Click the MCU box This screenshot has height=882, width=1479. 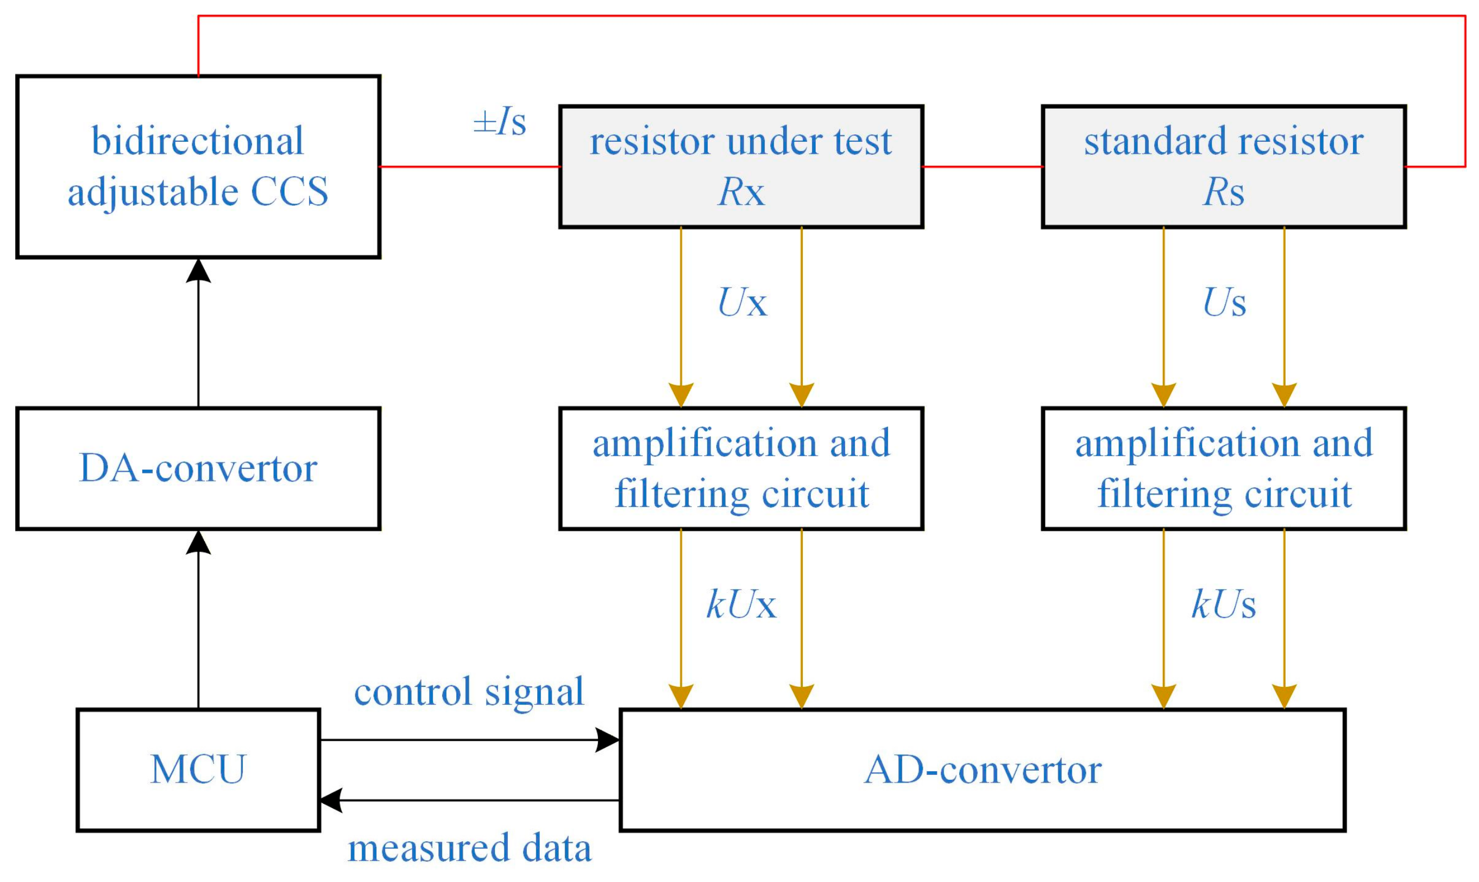coord(198,770)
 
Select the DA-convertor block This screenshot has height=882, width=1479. coord(198,468)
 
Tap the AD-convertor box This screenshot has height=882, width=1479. coord(983,770)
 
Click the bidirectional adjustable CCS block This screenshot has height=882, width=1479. coord(198,166)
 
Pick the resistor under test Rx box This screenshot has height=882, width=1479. coord(741,166)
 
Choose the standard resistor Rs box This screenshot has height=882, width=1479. coord(1224,166)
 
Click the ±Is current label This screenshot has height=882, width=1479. coord(500,122)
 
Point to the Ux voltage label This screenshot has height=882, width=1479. coord(742,302)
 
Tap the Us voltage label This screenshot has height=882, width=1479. coord(1224,302)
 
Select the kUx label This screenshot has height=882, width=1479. coord(741,604)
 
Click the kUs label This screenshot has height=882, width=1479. coord(1224,604)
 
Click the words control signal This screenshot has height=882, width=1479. coord(469,692)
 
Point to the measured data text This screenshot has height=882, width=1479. coord(469,848)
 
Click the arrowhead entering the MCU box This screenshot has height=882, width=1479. coord(331,800)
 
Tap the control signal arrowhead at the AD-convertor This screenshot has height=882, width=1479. coord(608,740)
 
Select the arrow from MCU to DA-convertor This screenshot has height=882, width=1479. coord(198,619)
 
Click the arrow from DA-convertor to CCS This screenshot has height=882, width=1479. coord(198,332)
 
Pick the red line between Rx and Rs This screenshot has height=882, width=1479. coord(983,166)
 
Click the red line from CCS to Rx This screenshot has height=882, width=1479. coord(470,166)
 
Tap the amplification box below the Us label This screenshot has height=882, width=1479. coord(1224,468)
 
